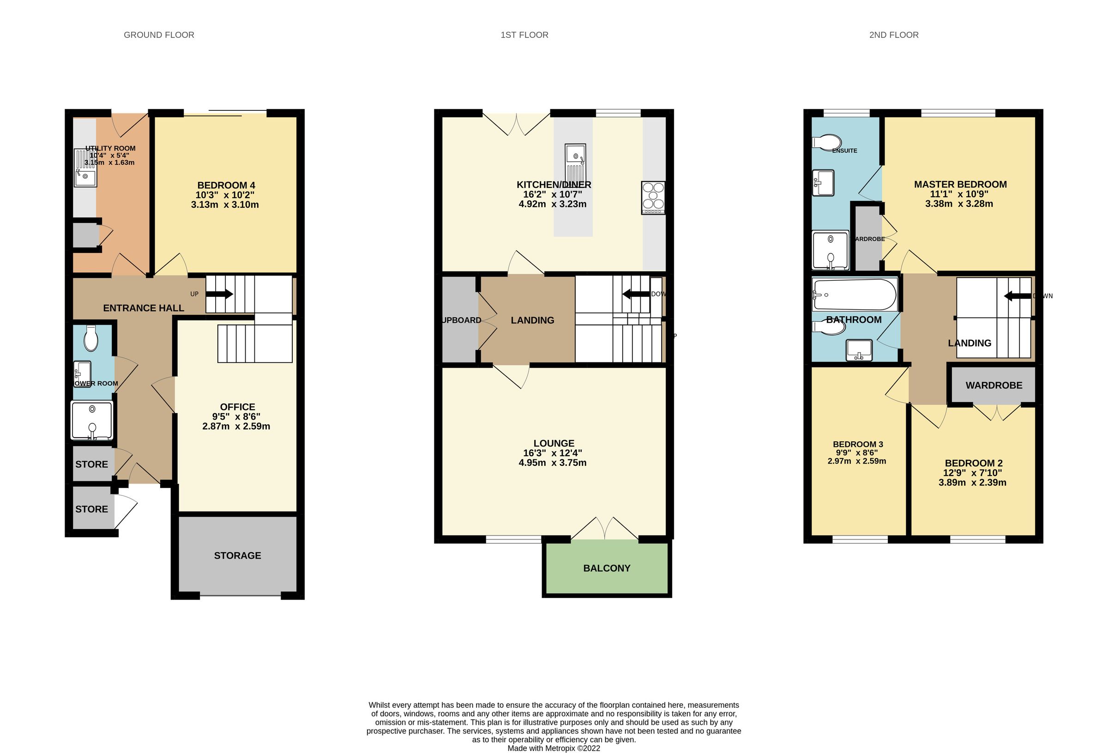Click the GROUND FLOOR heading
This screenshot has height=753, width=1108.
coord(159,35)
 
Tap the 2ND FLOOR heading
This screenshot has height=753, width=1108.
coord(893,35)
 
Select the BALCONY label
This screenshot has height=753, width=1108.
coord(607,568)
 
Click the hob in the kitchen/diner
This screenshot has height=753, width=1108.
coord(653,198)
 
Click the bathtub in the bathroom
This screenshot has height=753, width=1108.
coord(855,294)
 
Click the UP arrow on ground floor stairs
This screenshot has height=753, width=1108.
coord(220,294)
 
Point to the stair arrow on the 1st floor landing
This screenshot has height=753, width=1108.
coord(636,294)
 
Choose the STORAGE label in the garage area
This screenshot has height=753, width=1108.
coord(237,555)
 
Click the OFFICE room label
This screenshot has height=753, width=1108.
coord(237,407)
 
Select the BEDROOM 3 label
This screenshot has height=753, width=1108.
coord(858,444)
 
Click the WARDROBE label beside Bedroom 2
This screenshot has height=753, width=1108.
coord(994,386)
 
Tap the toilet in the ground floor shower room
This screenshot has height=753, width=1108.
coord(90,338)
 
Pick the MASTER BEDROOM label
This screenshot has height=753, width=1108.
coord(960,185)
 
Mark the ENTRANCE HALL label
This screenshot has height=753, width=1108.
coord(144,308)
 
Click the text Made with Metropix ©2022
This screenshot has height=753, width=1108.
coord(554,748)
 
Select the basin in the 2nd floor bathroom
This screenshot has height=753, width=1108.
coord(859,349)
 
